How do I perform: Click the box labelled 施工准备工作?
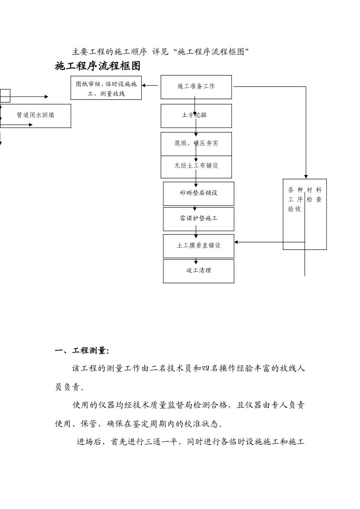pos(196,87)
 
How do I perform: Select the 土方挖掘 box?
pos(196,116)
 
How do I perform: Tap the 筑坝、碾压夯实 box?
pos(196,144)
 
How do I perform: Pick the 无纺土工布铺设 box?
pos(196,167)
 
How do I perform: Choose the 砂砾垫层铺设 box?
pos(199,194)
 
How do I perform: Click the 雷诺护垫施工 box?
pos(199,219)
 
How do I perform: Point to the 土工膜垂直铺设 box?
pos(199,246)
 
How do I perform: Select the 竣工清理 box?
pos(199,271)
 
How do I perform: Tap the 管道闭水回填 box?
pos(36,116)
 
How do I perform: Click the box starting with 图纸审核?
pos(106,88)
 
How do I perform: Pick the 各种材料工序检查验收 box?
pos(305,214)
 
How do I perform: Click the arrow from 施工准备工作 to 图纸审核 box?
pos(150,86)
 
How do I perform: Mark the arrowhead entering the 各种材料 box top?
pos(306,176)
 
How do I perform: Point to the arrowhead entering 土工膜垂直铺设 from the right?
pos(237,242)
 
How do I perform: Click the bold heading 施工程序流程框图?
pos(98,66)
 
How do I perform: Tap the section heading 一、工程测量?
pos(82,351)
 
